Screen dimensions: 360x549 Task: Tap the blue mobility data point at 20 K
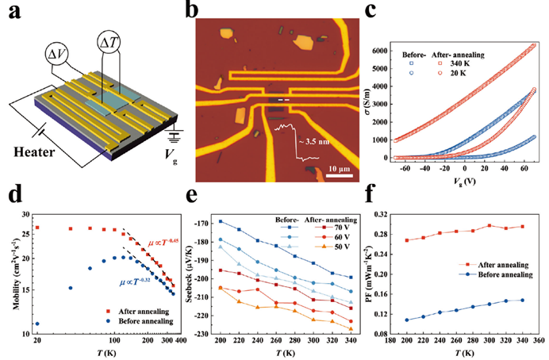tap(37, 324)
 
